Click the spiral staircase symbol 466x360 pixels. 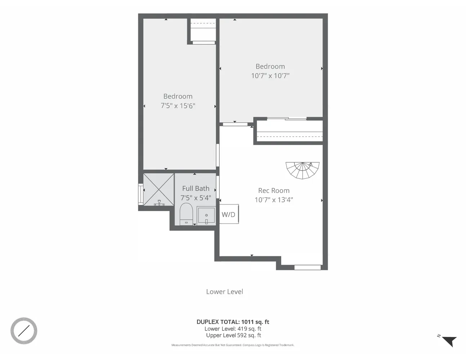coord(303,170)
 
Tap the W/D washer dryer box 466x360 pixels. coord(229,215)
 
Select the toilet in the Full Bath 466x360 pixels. coord(186,214)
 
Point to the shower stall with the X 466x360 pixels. coord(159,189)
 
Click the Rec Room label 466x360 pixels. coord(274,190)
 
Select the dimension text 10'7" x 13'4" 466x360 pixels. coord(274,200)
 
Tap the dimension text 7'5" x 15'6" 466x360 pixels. coord(178,105)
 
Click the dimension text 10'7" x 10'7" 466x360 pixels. coord(270,76)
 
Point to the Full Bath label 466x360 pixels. coord(196,188)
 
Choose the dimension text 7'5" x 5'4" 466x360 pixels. coord(196,198)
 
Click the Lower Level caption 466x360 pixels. coord(224,292)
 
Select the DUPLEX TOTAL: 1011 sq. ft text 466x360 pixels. coord(233,322)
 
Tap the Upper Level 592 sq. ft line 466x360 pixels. coord(233,335)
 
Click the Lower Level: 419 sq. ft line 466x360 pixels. coord(233,329)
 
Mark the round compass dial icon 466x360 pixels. coord(24,330)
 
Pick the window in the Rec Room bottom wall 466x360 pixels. coord(308,267)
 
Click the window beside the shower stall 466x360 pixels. coord(140,194)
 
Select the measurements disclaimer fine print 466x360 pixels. coord(233,345)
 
